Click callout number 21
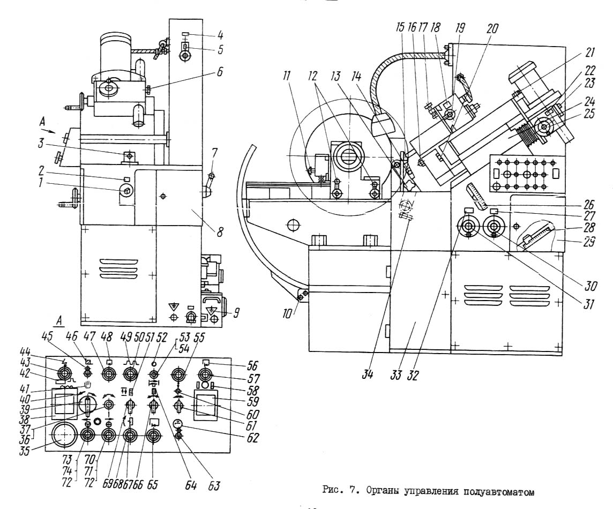589,53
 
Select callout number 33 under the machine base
397,375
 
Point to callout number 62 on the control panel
253,437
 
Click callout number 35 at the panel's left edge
25,451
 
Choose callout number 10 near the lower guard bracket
287,313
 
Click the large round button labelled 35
62,435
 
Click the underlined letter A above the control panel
59,320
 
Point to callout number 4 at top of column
220,35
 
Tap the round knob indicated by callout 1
126,191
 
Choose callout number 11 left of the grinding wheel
287,76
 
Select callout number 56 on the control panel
252,365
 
